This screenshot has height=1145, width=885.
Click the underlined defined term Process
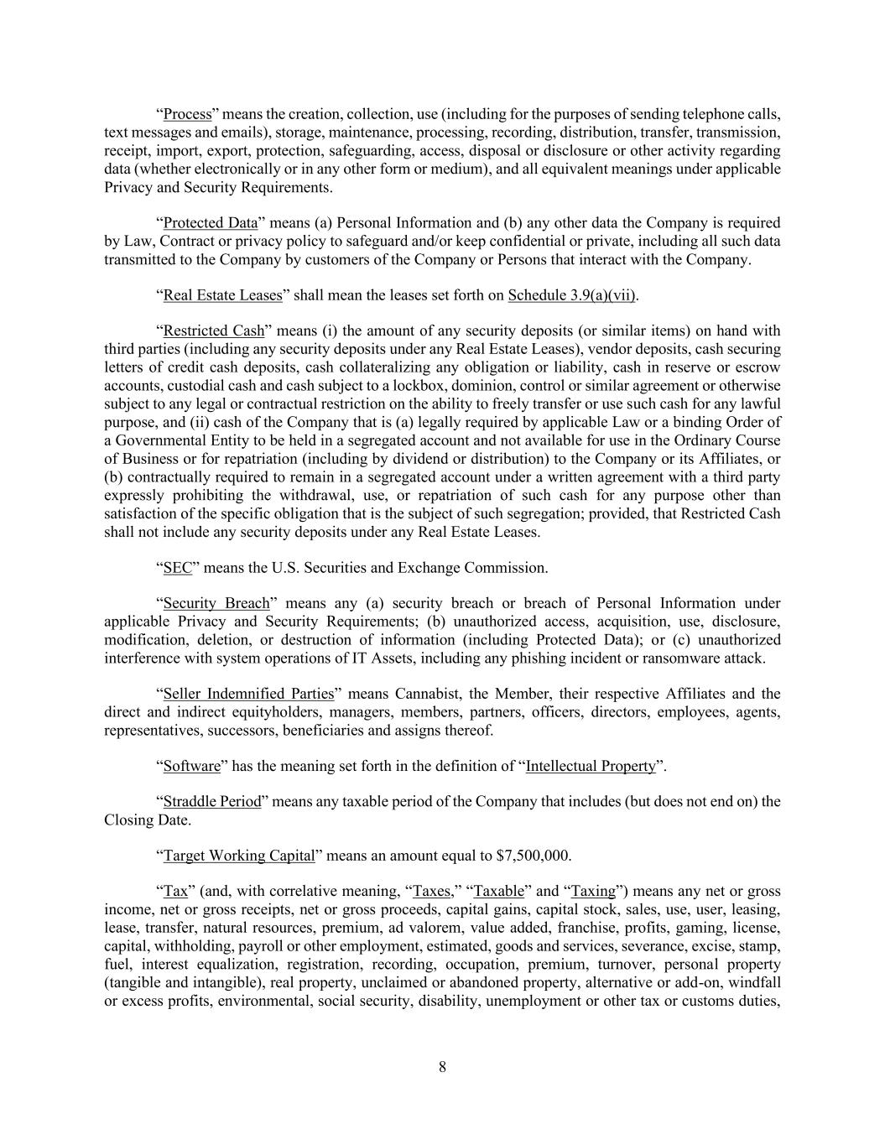187,114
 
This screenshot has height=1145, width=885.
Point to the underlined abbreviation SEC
177,568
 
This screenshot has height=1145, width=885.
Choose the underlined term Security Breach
216,603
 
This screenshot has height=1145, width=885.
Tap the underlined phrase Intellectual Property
590,766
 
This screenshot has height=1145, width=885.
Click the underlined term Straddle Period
212,801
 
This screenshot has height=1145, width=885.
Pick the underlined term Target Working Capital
238,856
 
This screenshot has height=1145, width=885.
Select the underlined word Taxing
593,891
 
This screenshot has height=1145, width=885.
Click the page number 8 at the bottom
442,1067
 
